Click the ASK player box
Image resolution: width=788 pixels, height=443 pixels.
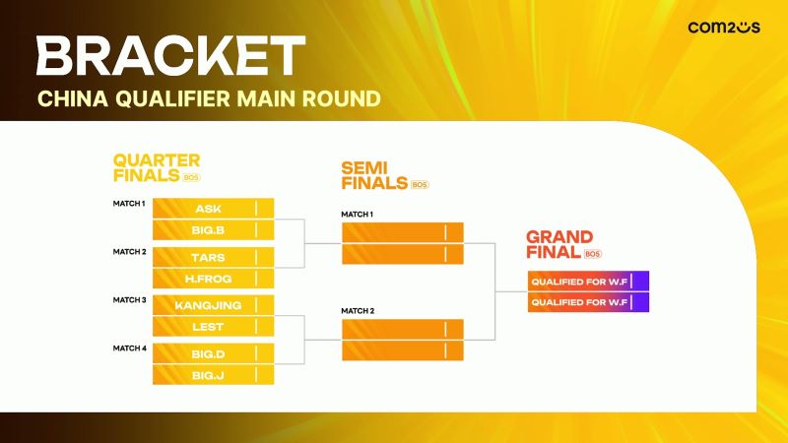(213, 209)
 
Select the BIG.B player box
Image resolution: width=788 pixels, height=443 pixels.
(213, 230)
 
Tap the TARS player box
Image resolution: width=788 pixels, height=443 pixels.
(213, 257)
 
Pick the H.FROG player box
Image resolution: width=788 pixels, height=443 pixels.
(213, 279)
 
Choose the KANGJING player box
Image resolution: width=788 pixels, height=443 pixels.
(213, 305)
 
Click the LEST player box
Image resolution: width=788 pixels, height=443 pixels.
(213, 327)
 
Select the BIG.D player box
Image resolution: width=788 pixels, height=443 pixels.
(213, 353)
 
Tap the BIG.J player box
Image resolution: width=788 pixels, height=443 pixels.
(213, 375)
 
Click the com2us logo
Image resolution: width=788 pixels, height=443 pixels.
(724, 28)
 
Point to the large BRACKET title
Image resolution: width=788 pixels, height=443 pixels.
(170, 55)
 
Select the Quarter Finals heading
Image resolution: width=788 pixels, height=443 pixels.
(157, 167)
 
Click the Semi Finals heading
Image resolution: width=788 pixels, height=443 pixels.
(385, 175)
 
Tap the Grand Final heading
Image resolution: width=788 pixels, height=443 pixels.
(563, 244)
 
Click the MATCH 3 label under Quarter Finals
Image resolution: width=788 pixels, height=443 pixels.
(130, 300)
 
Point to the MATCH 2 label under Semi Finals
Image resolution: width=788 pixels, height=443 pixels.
(358, 311)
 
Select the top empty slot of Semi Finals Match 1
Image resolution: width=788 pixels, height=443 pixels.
(403, 232)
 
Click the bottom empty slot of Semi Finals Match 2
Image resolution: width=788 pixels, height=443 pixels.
(403, 350)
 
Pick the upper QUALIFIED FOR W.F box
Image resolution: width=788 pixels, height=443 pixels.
(588, 282)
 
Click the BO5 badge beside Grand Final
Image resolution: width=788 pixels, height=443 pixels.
(593, 254)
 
